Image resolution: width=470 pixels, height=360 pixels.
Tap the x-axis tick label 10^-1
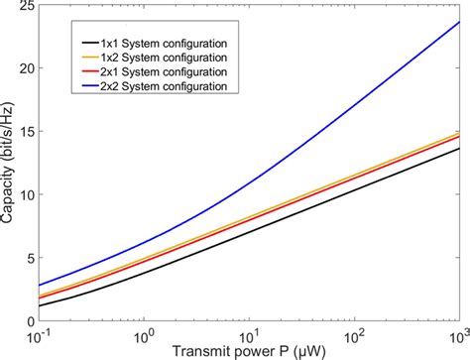click(41, 334)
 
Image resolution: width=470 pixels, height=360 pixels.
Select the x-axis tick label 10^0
click(145, 334)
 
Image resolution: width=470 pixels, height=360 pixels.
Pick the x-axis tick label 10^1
click(250, 334)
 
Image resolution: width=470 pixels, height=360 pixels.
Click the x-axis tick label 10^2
click(354, 334)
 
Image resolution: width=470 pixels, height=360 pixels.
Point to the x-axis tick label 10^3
click(455, 334)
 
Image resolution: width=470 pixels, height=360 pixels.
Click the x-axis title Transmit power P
click(248, 351)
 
